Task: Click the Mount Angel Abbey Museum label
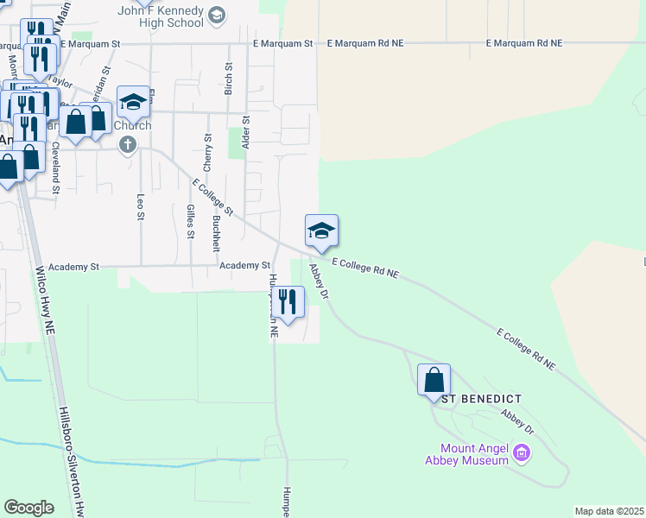pyautogui.click(x=473, y=454)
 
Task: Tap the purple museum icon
pyautogui.click(x=521, y=452)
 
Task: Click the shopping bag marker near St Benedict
pyautogui.click(x=434, y=380)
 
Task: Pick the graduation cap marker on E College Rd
pyautogui.click(x=320, y=231)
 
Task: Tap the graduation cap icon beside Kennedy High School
pyautogui.click(x=216, y=15)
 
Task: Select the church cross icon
pyautogui.click(x=128, y=143)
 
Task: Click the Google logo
pyautogui.click(x=28, y=507)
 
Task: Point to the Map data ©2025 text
pyautogui.click(x=609, y=511)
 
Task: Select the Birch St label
pyautogui.click(x=229, y=78)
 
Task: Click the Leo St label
pyautogui.click(x=140, y=206)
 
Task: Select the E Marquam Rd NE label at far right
pyautogui.click(x=523, y=43)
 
